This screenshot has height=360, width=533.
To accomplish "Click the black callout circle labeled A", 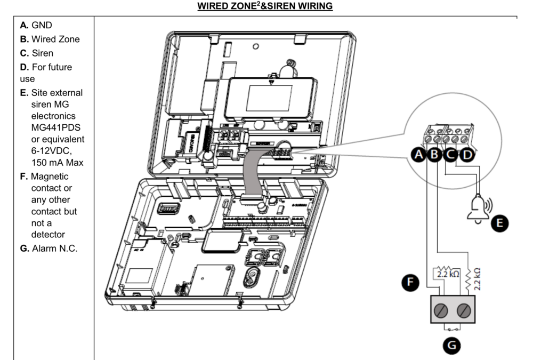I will (419, 155).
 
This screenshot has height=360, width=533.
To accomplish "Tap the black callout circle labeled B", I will (434, 155).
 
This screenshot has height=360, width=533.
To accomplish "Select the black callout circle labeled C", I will (450, 155).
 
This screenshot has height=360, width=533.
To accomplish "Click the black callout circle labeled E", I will (499, 223).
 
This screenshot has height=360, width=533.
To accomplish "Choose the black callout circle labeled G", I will (451, 345).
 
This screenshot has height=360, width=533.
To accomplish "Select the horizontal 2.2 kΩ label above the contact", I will (447, 274).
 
